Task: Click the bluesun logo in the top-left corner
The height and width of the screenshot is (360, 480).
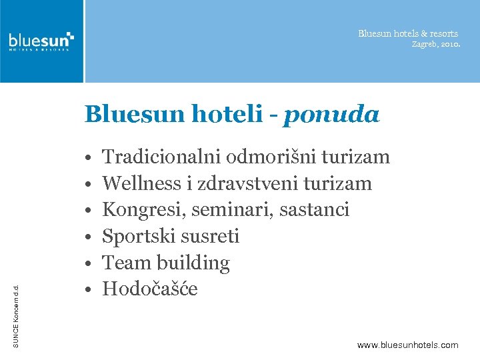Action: pyautogui.click(x=41, y=41)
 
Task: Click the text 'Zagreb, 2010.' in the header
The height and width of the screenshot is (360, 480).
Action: pyautogui.click(x=435, y=44)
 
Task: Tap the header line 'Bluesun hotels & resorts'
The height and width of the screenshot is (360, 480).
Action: pyautogui.click(x=408, y=33)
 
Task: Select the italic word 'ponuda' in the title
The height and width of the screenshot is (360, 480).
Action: pyautogui.click(x=331, y=115)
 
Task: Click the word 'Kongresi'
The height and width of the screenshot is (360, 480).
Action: pyautogui.click(x=143, y=210)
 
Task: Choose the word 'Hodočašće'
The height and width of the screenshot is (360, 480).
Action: pyautogui.click(x=150, y=289)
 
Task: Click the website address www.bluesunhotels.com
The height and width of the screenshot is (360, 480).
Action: pyautogui.click(x=408, y=345)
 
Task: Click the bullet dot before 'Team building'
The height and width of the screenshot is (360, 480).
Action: pyautogui.click(x=88, y=264)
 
